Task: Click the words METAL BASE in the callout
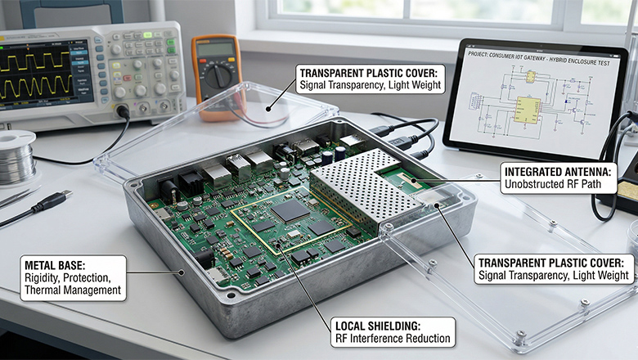pyautogui.click(x=50, y=266)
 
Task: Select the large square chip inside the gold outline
pyautogui.click(x=290, y=211)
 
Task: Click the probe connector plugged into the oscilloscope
pyautogui.click(x=122, y=111)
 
